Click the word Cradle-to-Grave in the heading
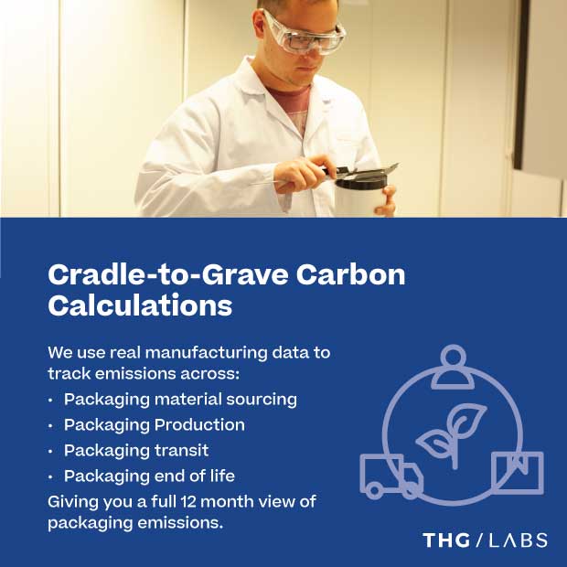click(168, 275)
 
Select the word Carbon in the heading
click(351, 275)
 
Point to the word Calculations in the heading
click(140, 305)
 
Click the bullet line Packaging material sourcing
click(180, 400)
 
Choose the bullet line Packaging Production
click(155, 425)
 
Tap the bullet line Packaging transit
click(136, 451)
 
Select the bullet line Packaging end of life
click(149, 476)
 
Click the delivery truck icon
click(391, 476)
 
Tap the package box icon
click(518, 473)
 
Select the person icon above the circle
click(453, 367)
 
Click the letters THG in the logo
click(446, 540)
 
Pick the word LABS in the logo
click(518, 540)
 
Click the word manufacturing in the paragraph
click(207, 353)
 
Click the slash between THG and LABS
click(479, 540)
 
